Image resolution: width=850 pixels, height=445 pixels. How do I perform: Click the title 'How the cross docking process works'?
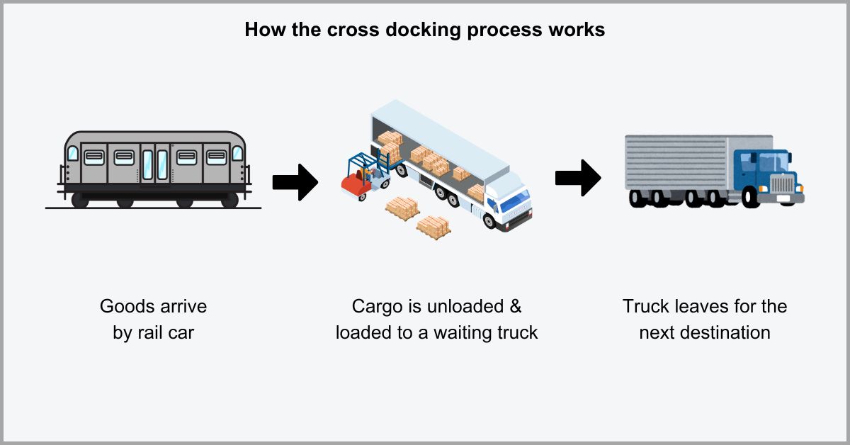(x=424, y=30)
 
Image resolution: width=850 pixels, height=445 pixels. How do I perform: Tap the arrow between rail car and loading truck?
(x=295, y=182)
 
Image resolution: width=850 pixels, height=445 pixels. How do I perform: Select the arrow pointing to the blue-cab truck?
(x=577, y=177)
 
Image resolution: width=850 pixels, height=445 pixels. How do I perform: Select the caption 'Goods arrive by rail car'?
(x=153, y=319)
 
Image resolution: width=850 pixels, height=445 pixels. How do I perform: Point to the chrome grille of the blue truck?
(x=783, y=186)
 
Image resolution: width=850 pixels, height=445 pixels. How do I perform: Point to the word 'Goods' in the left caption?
(x=123, y=307)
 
